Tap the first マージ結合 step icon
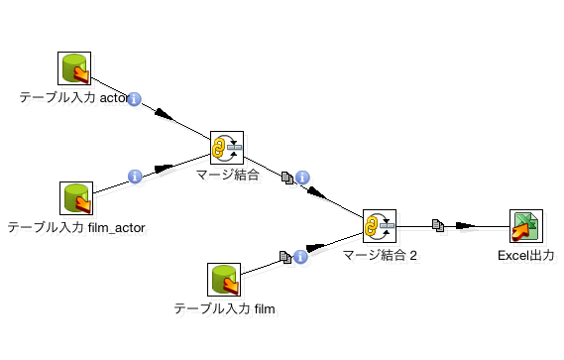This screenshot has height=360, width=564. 227,148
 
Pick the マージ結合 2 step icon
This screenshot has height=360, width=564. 379,227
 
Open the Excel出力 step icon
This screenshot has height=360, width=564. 525,227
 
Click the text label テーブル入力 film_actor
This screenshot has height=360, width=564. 76,228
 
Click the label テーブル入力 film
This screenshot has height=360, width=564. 223,308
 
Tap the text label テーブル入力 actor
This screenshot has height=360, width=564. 74,98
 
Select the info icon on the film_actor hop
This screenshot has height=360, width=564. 135,177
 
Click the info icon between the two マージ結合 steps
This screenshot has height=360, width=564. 302,178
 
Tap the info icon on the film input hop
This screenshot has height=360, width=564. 299,257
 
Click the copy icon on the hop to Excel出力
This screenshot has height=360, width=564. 437,226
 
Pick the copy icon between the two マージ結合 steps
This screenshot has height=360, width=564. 287,177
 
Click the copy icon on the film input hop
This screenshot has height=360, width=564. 284,257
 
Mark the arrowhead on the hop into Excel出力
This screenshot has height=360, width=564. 465,227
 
